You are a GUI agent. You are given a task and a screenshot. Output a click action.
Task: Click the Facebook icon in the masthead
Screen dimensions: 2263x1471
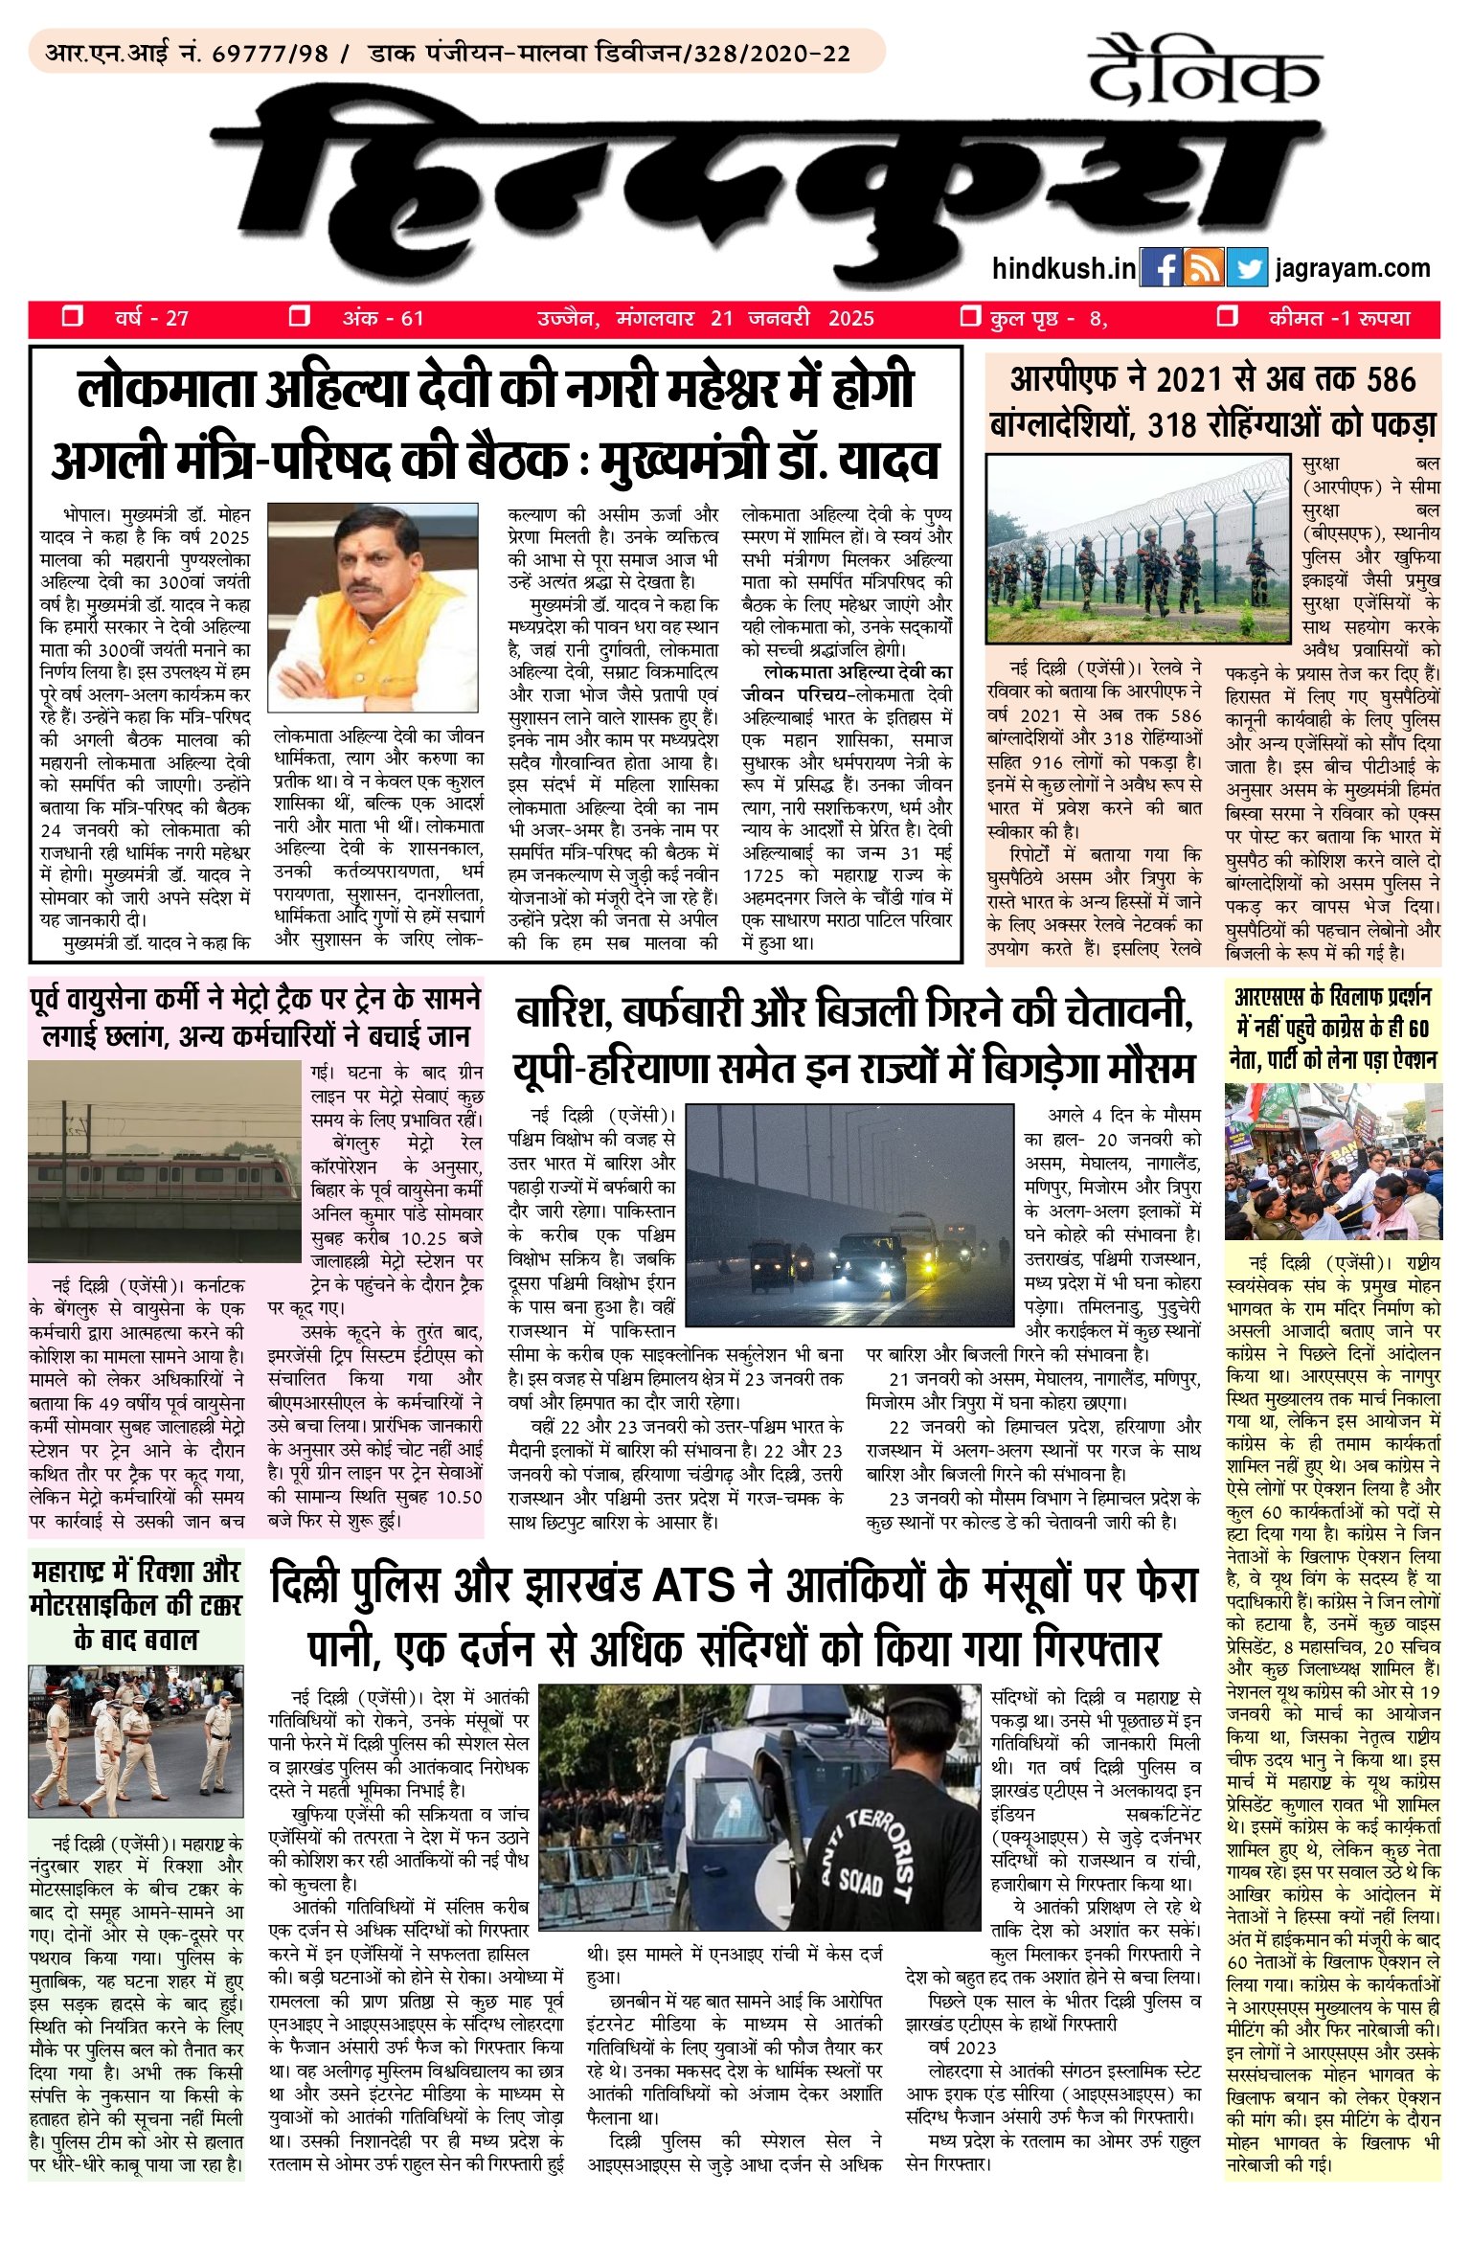pyautogui.click(x=1161, y=268)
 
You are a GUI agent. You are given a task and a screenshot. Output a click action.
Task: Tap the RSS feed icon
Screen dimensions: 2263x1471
pyautogui.click(x=1203, y=268)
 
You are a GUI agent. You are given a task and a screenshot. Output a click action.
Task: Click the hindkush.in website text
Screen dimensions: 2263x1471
pyautogui.click(x=1064, y=268)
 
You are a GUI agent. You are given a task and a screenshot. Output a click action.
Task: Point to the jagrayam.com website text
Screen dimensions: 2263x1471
pyautogui.click(x=1352, y=268)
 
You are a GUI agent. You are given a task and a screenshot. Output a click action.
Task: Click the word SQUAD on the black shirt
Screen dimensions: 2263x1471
pyautogui.click(x=859, y=1883)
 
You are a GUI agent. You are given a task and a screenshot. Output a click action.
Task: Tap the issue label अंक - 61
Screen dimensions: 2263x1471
pyautogui.click(x=383, y=319)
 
